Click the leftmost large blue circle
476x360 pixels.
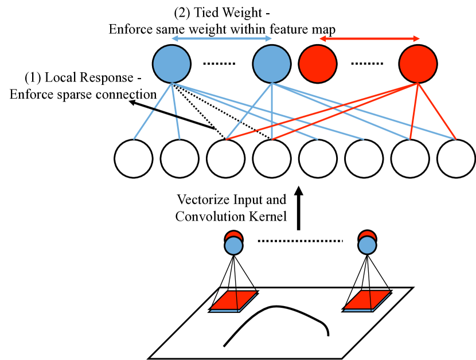[x=171, y=64]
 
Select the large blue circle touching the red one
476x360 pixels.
[x=271, y=64]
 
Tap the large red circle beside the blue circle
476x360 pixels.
[x=318, y=64]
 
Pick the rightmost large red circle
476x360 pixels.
[x=418, y=64]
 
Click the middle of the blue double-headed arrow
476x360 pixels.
[x=221, y=38]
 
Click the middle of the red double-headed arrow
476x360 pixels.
[x=369, y=38]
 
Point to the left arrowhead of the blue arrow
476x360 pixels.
[x=175, y=38]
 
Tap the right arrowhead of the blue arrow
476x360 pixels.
[x=268, y=38]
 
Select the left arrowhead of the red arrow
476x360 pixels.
[x=323, y=38]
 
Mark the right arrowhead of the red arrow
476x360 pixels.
[x=416, y=38]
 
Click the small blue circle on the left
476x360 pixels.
[x=233, y=246]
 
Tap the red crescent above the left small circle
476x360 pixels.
[x=233, y=234]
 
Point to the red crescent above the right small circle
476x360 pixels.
[x=367, y=234]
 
